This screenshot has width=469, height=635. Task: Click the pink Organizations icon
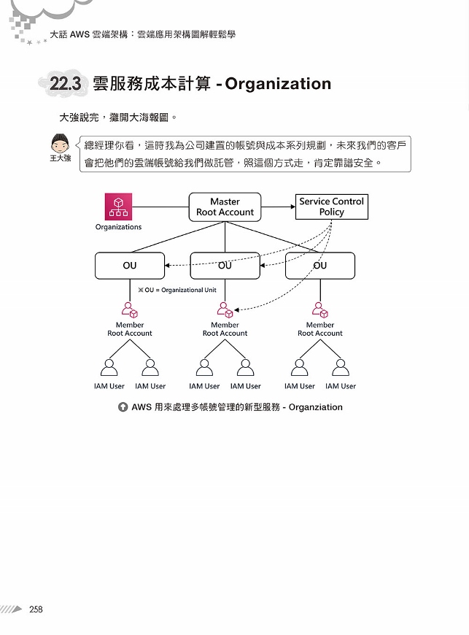click(x=118, y=207)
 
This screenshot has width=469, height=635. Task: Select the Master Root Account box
click(x=225, y=207)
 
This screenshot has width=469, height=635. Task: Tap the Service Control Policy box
click(x=332, y=207)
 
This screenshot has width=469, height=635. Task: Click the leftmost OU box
click(x=130, y=266)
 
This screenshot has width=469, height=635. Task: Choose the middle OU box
click(x=225, y=266)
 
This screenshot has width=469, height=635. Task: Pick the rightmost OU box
click(x=320, y=266)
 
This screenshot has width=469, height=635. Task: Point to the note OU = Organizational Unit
click(x=177, y=290)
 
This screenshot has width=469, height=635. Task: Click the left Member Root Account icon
click(x=130, y=309)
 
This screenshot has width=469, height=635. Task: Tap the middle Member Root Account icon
click(x=225, y=309)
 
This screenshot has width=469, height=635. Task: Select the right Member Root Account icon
click(x=320, y=309)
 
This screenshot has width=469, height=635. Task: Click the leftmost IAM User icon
click(x=109, y=368)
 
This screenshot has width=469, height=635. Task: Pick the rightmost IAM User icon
click(x=341, y=368)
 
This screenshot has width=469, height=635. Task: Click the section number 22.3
click(x=65, y=84)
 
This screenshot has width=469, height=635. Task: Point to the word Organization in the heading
click(x=278, y=84)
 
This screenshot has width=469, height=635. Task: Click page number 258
click(x=36, y=609)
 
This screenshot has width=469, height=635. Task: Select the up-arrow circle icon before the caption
click(x=123, y=407)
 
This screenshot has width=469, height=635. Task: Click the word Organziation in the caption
click(x=316, y=407)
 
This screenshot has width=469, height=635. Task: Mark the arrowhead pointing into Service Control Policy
click(x=293, y=207)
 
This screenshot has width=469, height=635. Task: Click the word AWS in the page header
click(x=80, y=34)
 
